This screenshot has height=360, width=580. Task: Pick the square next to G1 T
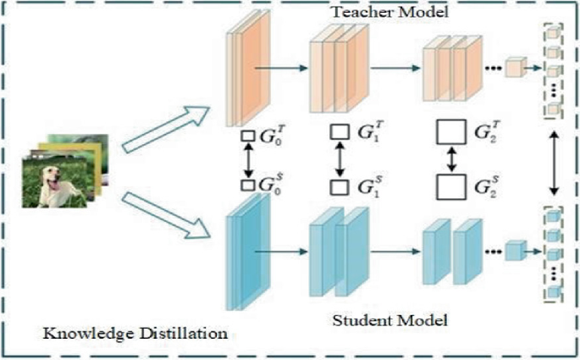(x=340, y=132)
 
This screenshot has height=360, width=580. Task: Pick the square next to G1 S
(x=340, y=186)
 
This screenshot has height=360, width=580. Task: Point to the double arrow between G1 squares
(x=340, y=159)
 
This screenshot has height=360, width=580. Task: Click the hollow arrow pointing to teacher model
(x=166, y=130)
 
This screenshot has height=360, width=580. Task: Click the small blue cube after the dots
(x=514, y=252)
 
